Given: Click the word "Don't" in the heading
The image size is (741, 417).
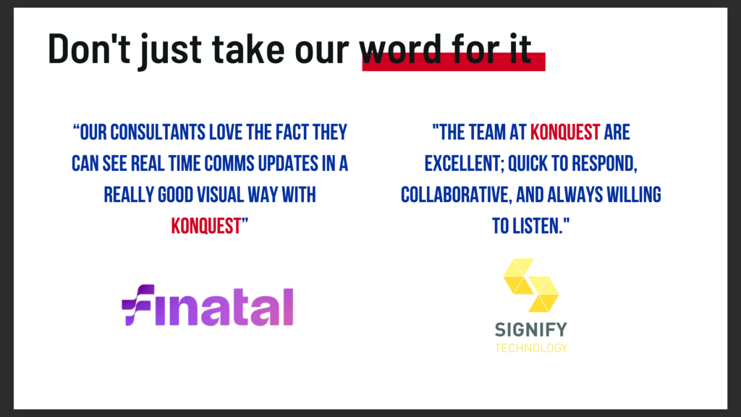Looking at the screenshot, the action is (x=89, y=49).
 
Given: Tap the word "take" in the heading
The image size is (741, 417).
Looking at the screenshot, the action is (x=249, y=49).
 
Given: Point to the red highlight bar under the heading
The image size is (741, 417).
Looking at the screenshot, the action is (x=454, y=62).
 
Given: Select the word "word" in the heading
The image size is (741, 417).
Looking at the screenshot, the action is (x=401, y=49).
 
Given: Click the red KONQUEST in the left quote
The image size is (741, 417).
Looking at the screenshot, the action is (x=206, y=226).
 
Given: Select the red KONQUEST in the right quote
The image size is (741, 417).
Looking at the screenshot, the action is (x=565, y=132).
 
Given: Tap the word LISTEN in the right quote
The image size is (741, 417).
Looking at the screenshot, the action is (x=538, y=226).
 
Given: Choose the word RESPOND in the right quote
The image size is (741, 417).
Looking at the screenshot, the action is (x=604, y=164).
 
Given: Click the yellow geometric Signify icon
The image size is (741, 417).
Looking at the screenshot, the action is (x=530, y=285).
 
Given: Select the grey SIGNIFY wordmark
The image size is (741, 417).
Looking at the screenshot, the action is (x=530, y=329).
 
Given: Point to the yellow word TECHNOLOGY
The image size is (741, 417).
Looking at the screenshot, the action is (x=530, y=348).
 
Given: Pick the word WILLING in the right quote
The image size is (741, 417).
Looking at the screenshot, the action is (x=634, y=195).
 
